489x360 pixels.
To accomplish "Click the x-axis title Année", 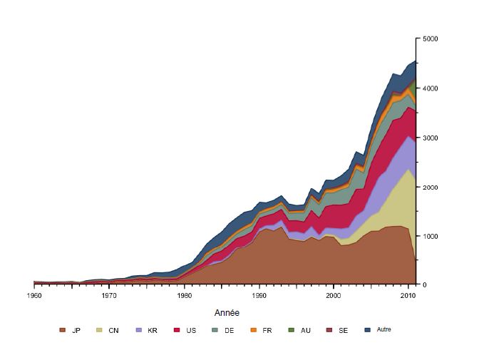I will (x=227, y=312).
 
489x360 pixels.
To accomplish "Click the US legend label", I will (x=192, y=330).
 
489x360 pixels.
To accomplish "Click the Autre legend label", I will (x=384, y=329).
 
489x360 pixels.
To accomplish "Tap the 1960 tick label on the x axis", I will (x=34, y=294).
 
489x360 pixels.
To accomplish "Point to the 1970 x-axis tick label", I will (x=109, y=294).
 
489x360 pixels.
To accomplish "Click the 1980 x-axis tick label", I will (x=185, y=294).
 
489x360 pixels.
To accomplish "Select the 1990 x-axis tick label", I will (x=259, y=294).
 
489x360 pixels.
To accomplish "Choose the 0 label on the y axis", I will (x=424, y=285).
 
